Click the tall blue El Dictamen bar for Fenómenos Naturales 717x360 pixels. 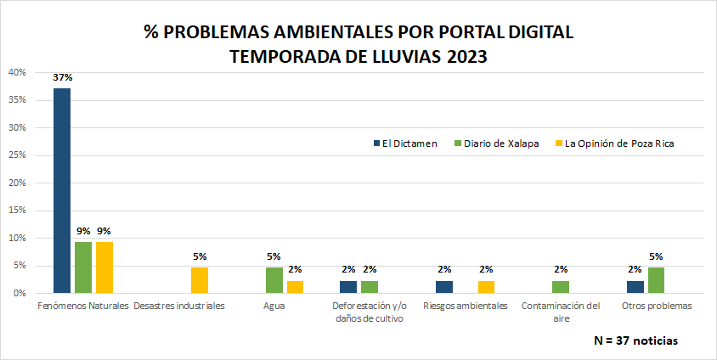tap(62, 190)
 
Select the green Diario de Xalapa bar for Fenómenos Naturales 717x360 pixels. tap(82, 267)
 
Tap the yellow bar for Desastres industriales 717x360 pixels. tap(200, 280)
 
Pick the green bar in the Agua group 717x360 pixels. tap(274, 280)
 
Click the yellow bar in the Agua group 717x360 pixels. tap(295, 287)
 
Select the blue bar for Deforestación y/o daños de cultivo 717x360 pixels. tap(348, 287)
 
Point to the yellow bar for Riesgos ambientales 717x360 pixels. tap(486, 287)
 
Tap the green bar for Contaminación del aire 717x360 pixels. tap(561, 287)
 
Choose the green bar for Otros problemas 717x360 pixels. tap(656, 280)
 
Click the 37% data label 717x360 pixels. tap(62, 78)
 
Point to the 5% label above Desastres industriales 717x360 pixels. tap(200, 256)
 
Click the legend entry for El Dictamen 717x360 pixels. tap(405, 143)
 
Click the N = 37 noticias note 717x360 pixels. tap(636, 340)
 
